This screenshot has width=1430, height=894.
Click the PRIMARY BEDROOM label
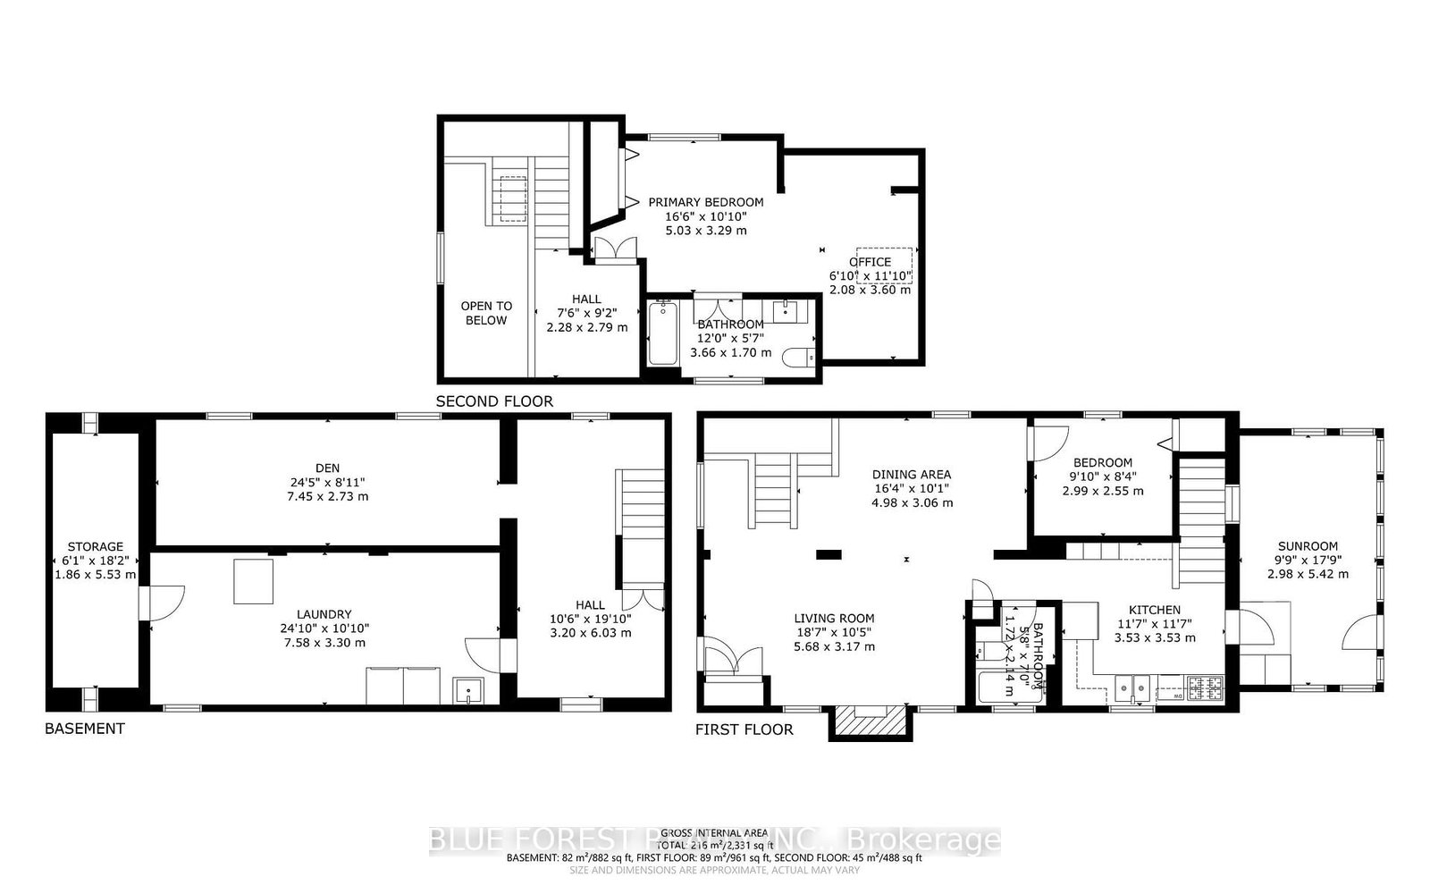click(705, 202)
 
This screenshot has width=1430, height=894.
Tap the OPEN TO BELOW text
click(486, 313)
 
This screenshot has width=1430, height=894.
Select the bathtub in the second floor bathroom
click(663, 333)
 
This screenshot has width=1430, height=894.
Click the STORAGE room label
click(96, 546)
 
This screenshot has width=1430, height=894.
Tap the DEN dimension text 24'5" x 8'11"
click(327, 482)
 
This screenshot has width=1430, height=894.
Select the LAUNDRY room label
click(324, 614)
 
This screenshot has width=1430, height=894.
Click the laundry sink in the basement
click(468, 690)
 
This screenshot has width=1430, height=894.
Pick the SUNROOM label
click(1308, 546)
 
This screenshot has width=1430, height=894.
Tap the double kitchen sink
click(1132, 687)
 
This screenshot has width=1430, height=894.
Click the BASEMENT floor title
click(85, 729)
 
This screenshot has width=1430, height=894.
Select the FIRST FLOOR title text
click(744, 730)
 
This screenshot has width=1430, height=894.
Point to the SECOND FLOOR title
click(494, 401)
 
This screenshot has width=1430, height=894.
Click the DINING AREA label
click(912, 474)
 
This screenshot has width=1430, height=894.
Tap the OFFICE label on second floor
click(870, 262)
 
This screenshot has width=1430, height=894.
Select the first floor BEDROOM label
click(1102, 462)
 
